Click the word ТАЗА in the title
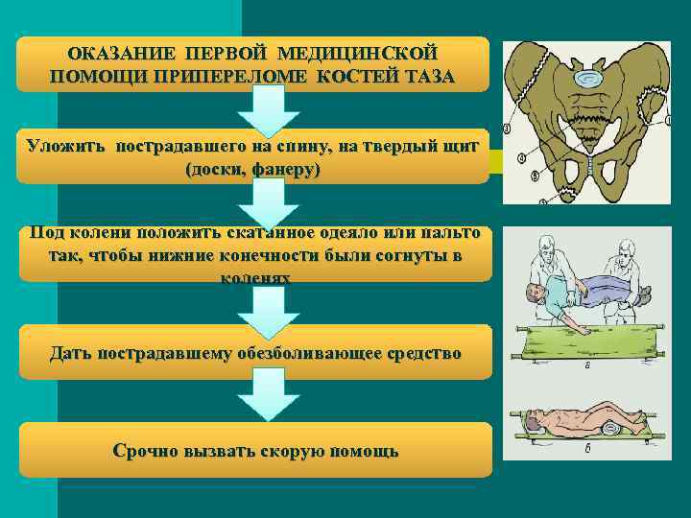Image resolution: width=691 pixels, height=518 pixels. click(x=418, y=76)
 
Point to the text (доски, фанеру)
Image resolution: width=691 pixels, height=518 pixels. click(x=254, y=170)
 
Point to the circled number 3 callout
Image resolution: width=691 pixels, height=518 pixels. click(x=507, y=129)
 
